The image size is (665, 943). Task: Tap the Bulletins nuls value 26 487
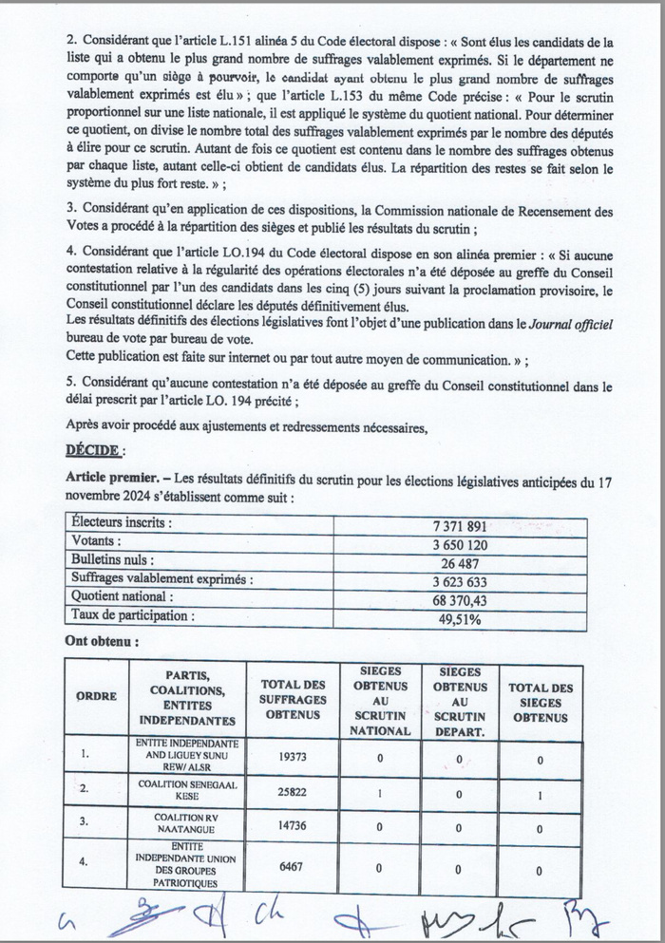(459, 561)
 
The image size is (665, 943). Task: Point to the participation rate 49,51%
(459, 617)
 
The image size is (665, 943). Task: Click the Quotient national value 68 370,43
(459, 598)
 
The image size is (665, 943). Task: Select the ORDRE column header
(97, 696)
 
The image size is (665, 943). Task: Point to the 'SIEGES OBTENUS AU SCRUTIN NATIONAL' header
(380, 700)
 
